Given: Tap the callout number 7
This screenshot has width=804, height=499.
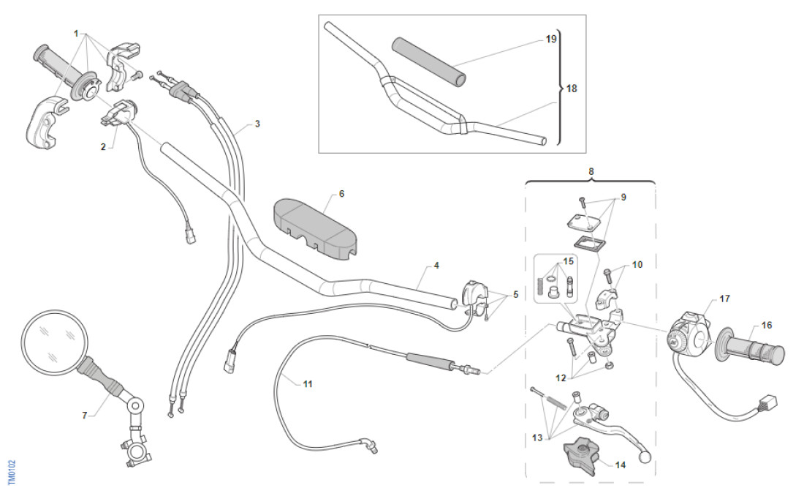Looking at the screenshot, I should click(x=85, y=416).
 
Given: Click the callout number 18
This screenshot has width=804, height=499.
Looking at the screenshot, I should click(x=572, y=89).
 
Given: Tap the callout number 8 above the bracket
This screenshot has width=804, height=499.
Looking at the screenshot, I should click(x=591, y=171).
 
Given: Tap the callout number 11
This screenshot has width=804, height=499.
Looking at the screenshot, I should click(x=308, y=384).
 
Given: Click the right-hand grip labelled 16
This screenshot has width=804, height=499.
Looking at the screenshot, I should click(x=753, y=352).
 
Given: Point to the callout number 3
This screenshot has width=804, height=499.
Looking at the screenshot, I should click(x=257, y=124).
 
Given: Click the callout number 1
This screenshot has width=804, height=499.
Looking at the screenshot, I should click(x=75, y=34).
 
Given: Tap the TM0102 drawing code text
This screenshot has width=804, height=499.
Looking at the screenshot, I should click(x=11, y=473).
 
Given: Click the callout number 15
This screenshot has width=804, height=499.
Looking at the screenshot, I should click(x=569, y=261).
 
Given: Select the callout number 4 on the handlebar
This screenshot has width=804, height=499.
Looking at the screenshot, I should click(x=436, y=266).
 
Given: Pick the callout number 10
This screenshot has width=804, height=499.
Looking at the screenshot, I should click(x=637, y=264).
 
